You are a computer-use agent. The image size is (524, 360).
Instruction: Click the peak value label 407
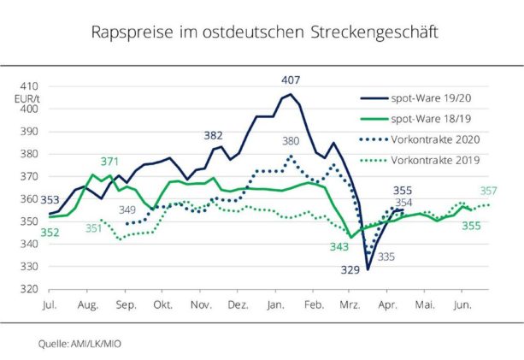(291, 80)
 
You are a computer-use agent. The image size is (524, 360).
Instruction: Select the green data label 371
(109, 162)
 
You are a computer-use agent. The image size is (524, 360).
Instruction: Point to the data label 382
(214, 136)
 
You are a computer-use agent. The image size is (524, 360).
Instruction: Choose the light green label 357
(489, 191)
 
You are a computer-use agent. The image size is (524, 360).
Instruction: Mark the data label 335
(386, 257)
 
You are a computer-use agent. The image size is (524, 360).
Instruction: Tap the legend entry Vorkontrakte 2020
(436, 139)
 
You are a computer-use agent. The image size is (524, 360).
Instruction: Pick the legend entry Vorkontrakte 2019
(436, 160)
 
